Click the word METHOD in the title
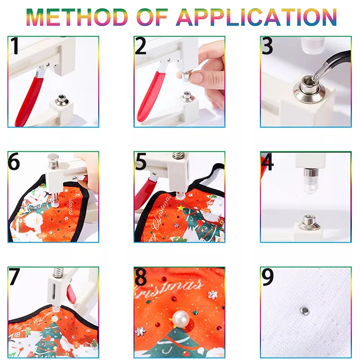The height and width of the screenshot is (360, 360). [x=77, y=17]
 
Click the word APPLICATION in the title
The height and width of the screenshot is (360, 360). [x=257, y=17]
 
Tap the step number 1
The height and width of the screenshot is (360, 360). [x=15, y=46]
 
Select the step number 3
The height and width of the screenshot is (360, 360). [x=268, y=46]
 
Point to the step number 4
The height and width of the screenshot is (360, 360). [x=268, y=162]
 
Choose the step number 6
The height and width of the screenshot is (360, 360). [x=14, y=162]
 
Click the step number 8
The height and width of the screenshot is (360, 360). [x=140, y=277]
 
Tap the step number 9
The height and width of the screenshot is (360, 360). [x=268, y=277]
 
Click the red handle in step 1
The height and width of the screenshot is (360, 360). [x=29, y=101]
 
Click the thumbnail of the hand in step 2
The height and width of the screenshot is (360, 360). [x=196, y=77]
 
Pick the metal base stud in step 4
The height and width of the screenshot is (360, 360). [x=309, y=222]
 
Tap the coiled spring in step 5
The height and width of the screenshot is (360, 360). [x=178, y=155]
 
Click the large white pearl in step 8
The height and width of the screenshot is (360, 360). [x=181, y=319]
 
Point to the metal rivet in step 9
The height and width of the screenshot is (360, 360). [x=305, y=311]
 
